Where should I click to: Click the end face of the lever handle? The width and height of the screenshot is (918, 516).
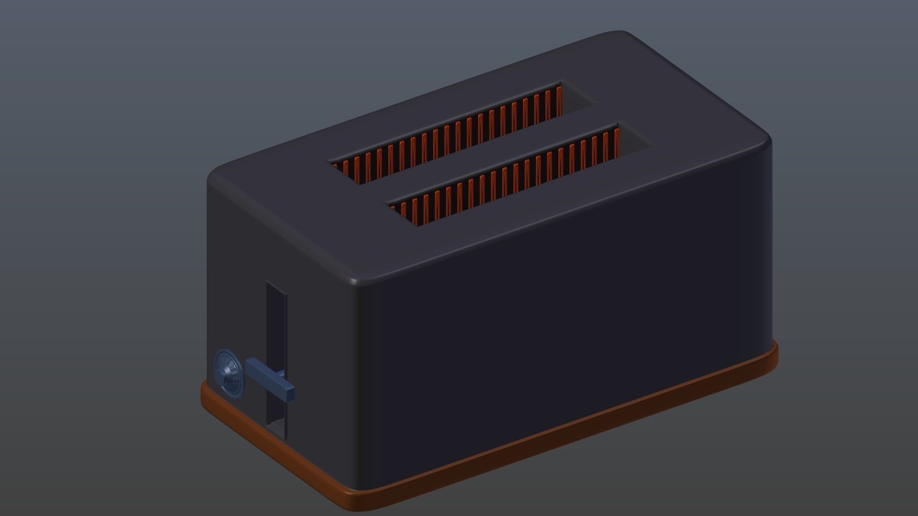[x=289, y=393]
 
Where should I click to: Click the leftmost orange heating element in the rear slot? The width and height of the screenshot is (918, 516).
[x=336, y=166]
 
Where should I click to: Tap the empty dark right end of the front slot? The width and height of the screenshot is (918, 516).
[x=634, y=141]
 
